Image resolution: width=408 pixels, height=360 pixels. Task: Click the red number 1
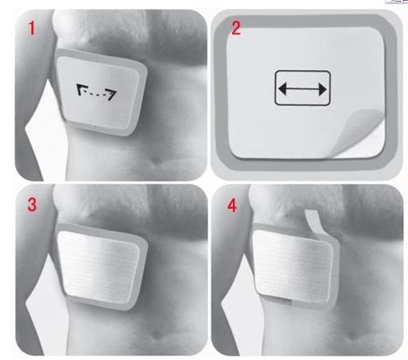pyautogui.click(x=32, y=28)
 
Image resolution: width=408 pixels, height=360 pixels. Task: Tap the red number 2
pyautogui.click(x=235, y=28)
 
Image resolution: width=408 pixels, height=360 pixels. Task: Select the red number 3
pyautogui.click(x=32, y=205)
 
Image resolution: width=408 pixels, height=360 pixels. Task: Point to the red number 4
pyautogui.click(x=232, y=206)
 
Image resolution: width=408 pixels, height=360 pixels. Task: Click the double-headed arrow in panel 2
pyautogui.click(x=302, y=89)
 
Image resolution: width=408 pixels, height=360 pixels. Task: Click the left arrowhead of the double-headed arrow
pyautogui.click(x=282, y=89)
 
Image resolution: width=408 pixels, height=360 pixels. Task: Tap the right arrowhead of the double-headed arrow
pyautogui.click(x=322, y=89)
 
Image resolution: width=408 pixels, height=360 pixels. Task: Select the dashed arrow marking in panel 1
pyautogui.click(x=97, y=92)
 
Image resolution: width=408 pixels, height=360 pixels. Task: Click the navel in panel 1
pyautogui.click(x=156, y=160)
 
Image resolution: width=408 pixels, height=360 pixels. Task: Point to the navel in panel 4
pyautogui.click(x=353, y=336)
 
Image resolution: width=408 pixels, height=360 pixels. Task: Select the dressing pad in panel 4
pyautogui.click(x=292, y=267)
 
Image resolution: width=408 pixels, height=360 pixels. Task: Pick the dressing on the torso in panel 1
pyautogui.click(x=102, y=92)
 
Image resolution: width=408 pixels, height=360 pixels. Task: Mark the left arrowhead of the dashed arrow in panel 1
pyautogui.click(x=80, y=89)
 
